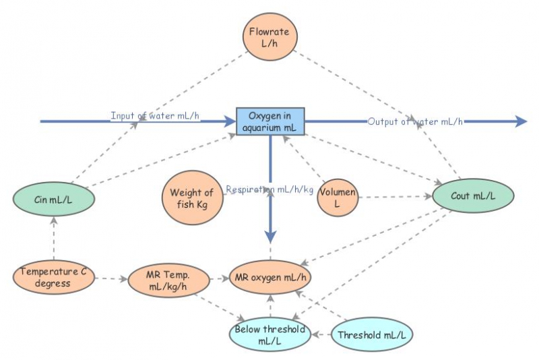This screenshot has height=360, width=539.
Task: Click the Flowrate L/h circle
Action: point(269,37)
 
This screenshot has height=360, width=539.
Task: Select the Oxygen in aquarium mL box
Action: point(270,121)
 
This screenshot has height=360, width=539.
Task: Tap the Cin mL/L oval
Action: point(53,200)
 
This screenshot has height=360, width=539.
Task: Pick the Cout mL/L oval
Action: point(474,196)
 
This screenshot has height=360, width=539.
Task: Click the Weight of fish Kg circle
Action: point(191,198)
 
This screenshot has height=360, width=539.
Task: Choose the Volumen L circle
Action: point(337,198)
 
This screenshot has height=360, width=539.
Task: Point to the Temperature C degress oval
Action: point(53,277)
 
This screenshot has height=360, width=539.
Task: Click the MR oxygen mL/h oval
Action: point(269,277)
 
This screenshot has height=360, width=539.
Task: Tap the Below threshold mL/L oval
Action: point(269,335)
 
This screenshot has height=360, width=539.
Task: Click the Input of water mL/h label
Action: point(156,116)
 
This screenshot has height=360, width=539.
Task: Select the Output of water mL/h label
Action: point(415,121)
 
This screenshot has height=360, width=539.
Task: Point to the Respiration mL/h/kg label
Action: point(269,189)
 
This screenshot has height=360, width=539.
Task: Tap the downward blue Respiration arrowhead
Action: point(270,236)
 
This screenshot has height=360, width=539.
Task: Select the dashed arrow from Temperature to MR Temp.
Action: point(110,277)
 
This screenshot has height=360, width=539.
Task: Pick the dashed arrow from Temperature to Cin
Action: point(53,239)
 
